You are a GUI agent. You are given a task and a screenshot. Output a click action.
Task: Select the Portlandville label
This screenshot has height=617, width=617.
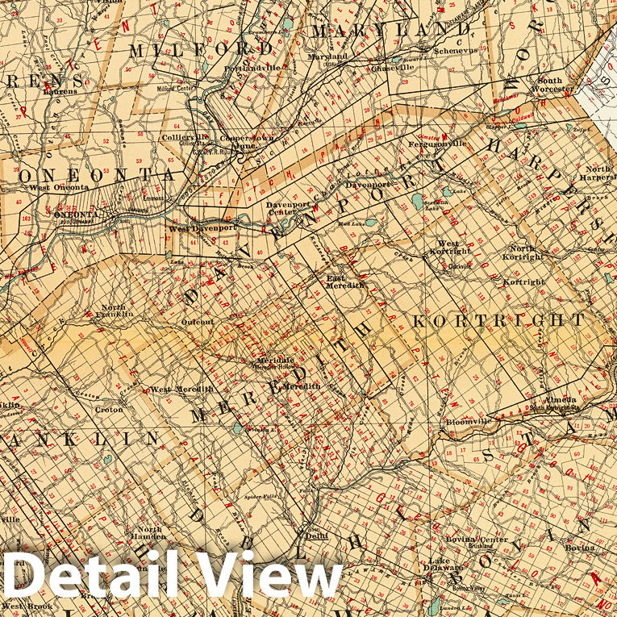[254, 68]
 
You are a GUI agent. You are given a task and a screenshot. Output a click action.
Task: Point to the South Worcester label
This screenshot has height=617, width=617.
[550, 85]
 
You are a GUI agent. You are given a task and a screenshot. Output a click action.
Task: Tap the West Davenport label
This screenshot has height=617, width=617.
[202, 228]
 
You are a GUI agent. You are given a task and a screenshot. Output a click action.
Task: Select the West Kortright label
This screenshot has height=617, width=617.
[448, 248]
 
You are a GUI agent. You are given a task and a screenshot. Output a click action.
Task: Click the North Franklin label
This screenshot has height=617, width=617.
[112, 311]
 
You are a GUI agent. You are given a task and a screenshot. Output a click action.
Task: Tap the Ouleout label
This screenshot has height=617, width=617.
[198, 322]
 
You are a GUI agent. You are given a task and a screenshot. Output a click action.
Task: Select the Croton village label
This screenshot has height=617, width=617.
[110, 410]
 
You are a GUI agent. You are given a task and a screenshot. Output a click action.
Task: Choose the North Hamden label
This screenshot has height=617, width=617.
[149, 534]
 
